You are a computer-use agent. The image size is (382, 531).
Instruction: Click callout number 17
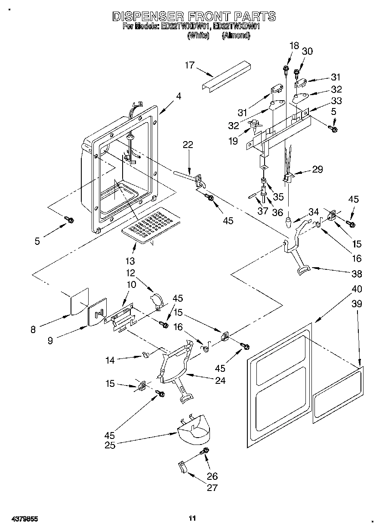pos(190,65)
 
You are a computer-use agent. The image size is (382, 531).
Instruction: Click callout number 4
pos(178,97)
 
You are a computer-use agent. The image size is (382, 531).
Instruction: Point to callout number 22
pos(188,145)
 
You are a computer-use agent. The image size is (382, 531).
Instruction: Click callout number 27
pos(213,488)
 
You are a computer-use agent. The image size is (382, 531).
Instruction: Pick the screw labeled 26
pos(205,451)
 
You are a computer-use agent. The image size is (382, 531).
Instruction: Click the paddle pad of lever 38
pos(303,269)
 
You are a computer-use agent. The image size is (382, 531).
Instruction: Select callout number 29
pos(317,169)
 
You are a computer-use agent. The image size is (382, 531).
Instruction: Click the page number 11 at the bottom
pos(192,519)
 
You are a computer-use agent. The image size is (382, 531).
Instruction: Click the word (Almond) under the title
pos(236,36)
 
